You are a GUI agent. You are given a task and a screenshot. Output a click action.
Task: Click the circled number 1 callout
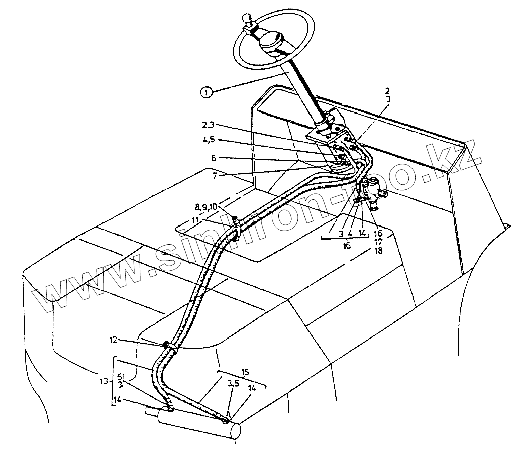pyautogui.click(x=205, y=92)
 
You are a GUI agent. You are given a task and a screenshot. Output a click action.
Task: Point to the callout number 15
pyautogui.click(x=245, y=373)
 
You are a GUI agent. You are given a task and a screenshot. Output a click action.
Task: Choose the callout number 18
pyautogui.click(x=377, y=250)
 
